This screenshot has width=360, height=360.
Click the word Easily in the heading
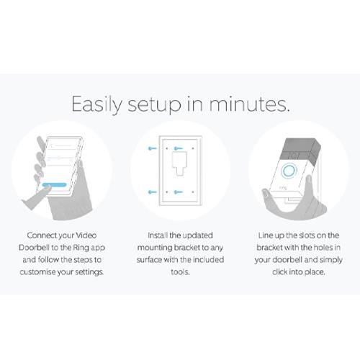pyautogui.click(x=97, y=104)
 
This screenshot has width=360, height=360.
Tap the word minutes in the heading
pyautogui.click(x=249, y=104)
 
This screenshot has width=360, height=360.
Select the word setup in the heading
pyautogui.click(x=154, y=105)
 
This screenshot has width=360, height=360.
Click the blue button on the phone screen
pyautogui.click(x=55, y=185)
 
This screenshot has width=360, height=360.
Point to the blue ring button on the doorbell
pyautogui.click(x=289, y=171)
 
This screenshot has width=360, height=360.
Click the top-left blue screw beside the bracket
pyautogui.click(x=152, y=148)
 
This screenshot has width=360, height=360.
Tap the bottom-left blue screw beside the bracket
pyautogui.click(x=152, y=192)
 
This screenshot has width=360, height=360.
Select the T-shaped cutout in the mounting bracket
pyautogui.click(x=180, y=163)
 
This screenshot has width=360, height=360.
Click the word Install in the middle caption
pyautogui.click(x=158, y=235)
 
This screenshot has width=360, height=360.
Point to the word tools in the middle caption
pyautogui.click(x=180, y=272)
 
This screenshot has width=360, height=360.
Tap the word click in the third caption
pyautogui.click(x=279, y=272)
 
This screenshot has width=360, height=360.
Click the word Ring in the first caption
pyautogui.click(x=80, y=248)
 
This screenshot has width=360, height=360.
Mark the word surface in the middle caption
pyautogui.click(x=149, y=260)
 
